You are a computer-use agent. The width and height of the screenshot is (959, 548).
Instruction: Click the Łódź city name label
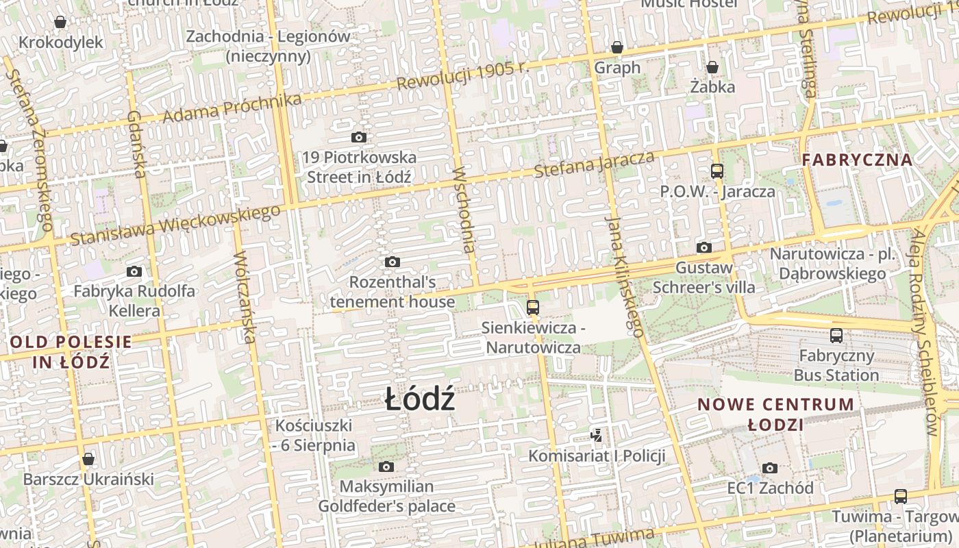(419, 399)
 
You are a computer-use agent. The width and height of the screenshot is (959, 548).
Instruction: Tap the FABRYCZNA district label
(857, 160)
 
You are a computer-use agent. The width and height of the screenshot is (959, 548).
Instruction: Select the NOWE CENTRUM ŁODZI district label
(775, 414)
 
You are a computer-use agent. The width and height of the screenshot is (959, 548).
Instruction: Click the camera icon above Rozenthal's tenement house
(393, 262)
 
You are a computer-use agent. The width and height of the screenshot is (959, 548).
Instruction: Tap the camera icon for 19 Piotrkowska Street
(358, 137)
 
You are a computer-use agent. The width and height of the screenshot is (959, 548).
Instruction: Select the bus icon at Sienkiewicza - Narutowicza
(532, 307)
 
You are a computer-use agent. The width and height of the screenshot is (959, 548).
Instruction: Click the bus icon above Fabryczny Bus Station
(836, 335)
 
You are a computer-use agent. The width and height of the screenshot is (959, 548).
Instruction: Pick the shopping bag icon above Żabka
(712, 66)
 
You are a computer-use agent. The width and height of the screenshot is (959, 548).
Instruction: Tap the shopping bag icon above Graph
(617, 47)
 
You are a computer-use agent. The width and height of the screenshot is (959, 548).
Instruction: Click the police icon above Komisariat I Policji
(597, 434)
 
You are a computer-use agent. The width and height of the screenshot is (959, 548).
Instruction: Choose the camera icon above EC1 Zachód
(770, 468)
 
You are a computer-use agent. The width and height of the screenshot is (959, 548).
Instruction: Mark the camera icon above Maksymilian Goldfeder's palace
(386, 466)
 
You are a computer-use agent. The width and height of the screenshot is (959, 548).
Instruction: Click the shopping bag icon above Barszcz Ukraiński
(88, 458)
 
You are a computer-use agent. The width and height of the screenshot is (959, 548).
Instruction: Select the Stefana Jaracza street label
(593, 165)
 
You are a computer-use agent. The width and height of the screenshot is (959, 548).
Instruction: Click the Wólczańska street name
(245, 297)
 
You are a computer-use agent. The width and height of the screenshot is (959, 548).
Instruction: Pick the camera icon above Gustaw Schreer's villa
(703, 247)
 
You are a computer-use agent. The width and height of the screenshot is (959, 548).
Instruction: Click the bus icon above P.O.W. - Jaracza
(717, 171)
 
